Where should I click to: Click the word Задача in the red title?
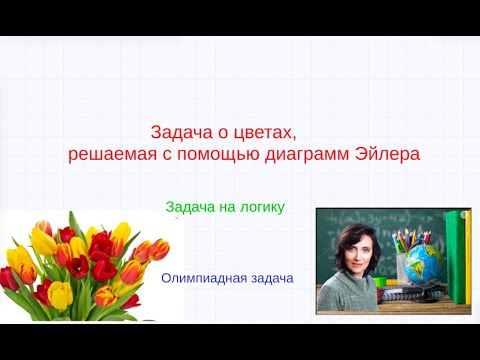pos(178,133)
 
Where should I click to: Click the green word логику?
pos(259,207)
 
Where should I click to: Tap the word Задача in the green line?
pos(190,207)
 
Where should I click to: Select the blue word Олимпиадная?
pos(204,278)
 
